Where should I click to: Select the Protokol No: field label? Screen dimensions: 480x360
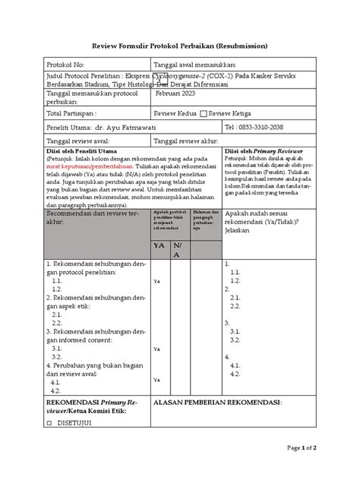click(69, 67)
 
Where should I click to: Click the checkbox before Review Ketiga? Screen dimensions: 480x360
click(203, 114)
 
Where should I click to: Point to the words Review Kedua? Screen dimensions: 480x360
click(175, 114)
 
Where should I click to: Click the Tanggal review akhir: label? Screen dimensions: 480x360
click(185, 142)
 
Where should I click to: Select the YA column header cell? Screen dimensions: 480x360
click(159, 246)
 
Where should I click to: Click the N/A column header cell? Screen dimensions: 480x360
click(177, 251)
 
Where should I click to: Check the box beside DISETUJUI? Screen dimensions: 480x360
click(50, 422)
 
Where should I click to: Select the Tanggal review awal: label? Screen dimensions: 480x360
click(79, 142)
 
